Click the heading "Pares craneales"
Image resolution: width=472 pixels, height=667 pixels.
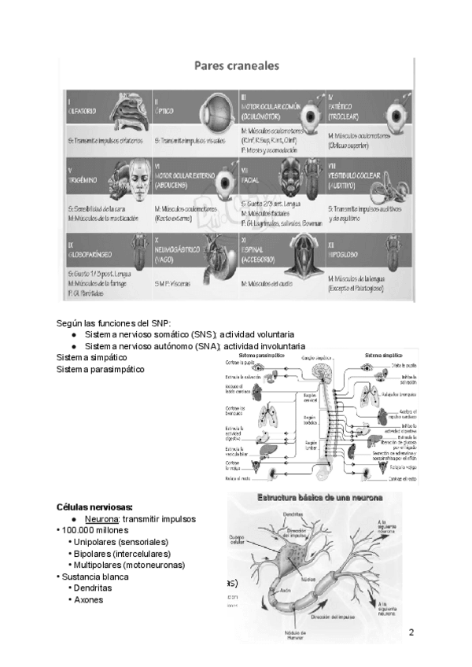(x=235, y=67)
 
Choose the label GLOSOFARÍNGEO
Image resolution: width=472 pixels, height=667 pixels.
(x=92, y=256)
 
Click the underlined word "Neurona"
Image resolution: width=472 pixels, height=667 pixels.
(x=101, y=519)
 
